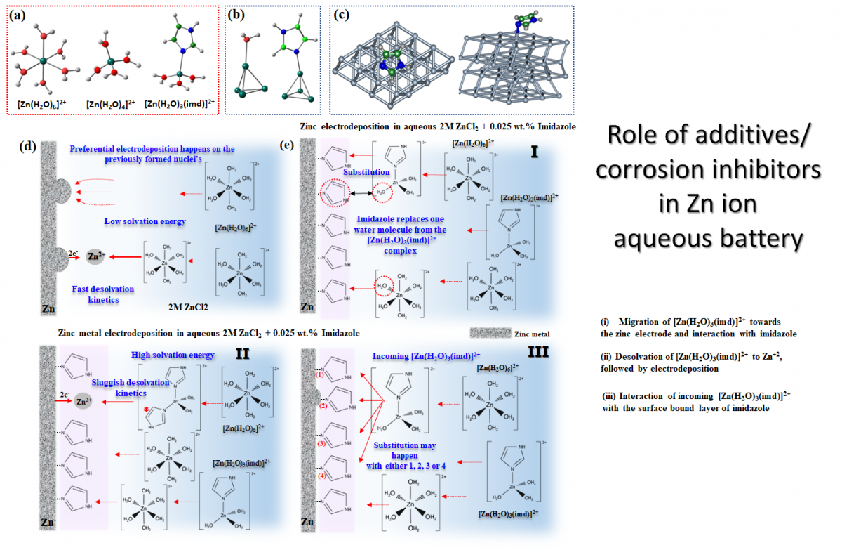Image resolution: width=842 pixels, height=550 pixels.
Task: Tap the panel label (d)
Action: click(x=28, y=147)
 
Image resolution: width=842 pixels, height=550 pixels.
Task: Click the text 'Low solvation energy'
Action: click(x=145, y=221)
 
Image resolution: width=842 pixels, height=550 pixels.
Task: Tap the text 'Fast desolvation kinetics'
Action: click(x=103, y=294)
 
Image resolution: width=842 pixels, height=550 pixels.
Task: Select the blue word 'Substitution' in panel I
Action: click(x=366, y=172)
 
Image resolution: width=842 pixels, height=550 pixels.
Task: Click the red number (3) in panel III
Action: click(x=321, y=444)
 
